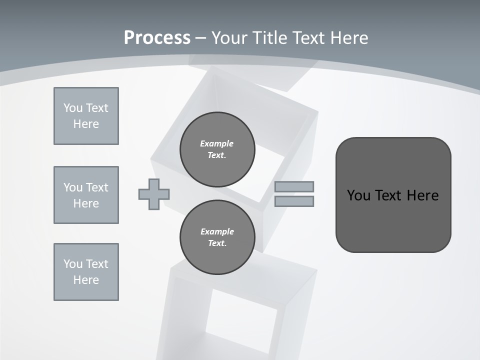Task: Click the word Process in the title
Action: coord(157,38)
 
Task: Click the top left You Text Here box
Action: coord(86,116)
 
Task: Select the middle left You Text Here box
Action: coord(86,195)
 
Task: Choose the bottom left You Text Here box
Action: coord(86,272)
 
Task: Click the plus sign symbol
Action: coord(154,194)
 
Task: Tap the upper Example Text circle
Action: coord(217,149)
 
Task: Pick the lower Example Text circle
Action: coord(217,237)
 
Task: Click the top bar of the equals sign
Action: coord(294,186)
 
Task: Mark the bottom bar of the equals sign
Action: coord(294,201)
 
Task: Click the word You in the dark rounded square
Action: coord(358,195)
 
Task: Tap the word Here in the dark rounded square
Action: coord(422,195)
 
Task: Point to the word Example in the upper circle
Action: coord(217,143)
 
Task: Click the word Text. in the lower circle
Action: coord(217,243)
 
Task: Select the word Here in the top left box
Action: coord(86,124)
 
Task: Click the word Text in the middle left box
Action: coord(97,187)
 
